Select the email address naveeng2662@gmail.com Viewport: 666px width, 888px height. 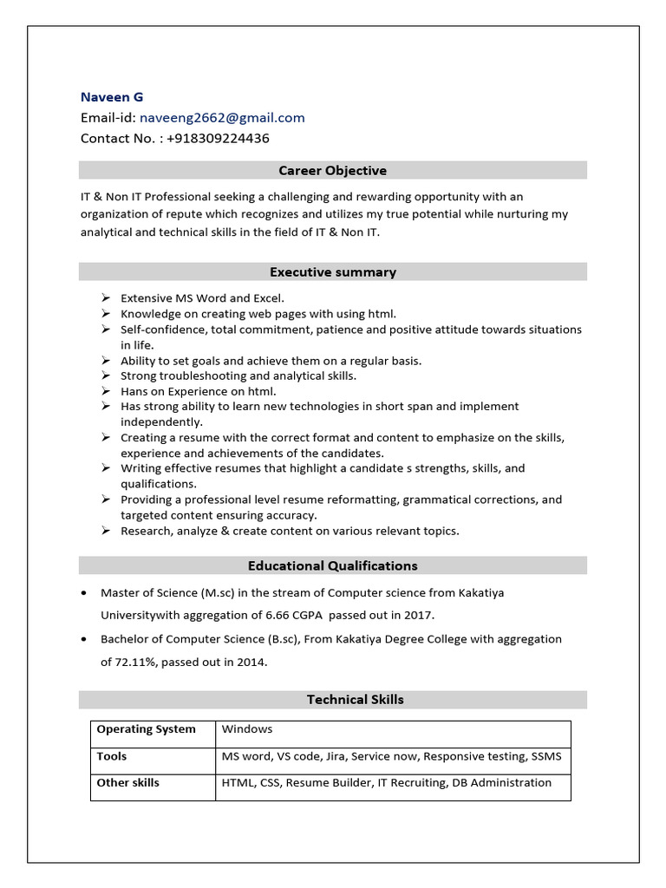click(x=221, y=118)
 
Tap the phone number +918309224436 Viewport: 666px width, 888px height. click(x=218, y=139)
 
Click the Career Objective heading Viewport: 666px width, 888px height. click(x=333, y=171)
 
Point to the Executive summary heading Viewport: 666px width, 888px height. click(x=333, y=272)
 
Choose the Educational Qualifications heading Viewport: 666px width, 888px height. click(x=333, y=566)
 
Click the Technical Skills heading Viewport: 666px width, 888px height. click(x=355, y=700)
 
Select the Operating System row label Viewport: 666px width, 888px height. click(x=146, y=729)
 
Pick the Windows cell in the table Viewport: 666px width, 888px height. click(x=247, y=729)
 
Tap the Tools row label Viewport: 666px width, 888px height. click(x=112, y=757)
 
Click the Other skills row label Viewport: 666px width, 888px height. click(x=127, y=783)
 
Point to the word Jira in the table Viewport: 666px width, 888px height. click(x=334, y=757)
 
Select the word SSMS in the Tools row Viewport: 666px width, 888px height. click(x=545, y=757)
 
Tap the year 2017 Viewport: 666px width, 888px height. click(x=418, y=616)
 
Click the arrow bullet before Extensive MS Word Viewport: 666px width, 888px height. click(x=105, y=298)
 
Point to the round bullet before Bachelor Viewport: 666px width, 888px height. click(x=82, y=640)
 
